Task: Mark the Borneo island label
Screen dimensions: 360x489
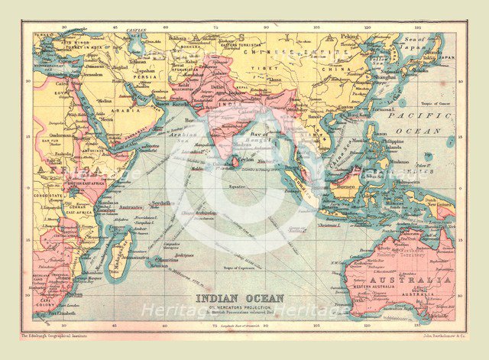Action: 348,185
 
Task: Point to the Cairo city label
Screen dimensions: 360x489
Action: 63,83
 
